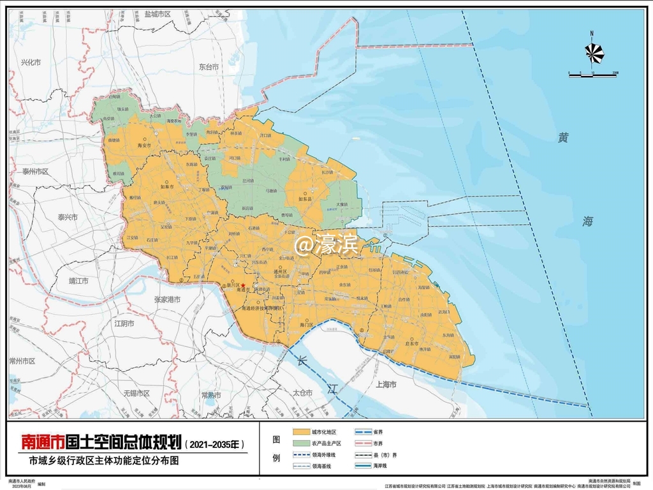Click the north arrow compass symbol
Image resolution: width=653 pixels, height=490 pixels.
click(x=592, y=50)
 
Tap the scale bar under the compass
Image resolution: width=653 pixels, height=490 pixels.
click(x=592, y=75)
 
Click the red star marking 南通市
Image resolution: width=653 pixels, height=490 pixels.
click(x=243, y=285)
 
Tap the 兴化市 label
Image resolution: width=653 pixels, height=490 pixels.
click(x=30, y=63)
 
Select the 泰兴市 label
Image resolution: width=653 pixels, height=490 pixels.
click(x=68, y=217)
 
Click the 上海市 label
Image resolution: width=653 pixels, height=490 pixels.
click(x=386, y=385)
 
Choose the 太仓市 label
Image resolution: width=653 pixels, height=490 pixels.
click(x=302, y=392)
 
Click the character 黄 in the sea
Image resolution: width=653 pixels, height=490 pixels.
click(x=562, y=138)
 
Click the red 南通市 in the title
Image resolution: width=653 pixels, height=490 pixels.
click(x=42, y=442)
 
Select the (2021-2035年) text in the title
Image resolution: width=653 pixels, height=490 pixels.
click(x=214, y=442)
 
